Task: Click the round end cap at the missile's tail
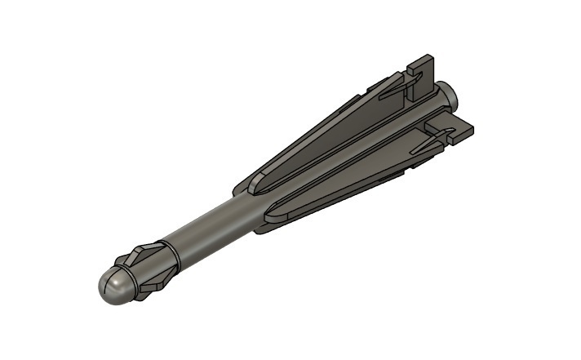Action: click(x=451, y=96)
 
